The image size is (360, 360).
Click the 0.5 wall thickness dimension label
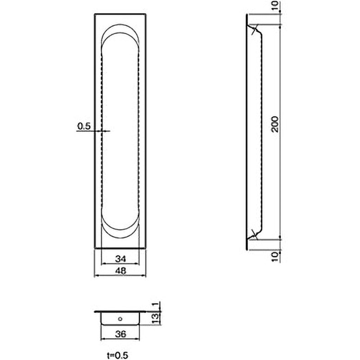(84, 126)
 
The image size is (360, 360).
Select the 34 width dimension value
(120, 259)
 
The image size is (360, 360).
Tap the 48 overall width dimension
(120, 271)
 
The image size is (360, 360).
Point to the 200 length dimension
(275, 124)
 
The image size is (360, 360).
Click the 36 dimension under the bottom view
(120, 334)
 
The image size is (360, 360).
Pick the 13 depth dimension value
(155, 318)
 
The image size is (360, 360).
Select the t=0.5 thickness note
(117, 355)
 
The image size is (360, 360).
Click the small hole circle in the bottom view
(120, 319)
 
